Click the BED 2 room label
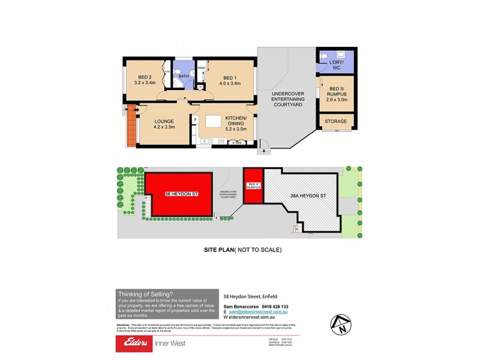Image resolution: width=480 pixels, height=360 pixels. tap(144, 77)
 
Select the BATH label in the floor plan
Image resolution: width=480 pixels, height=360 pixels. tap(184, 76)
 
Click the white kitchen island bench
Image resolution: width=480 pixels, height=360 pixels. tap(213, 121)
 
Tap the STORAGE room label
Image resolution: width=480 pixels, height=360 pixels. tap(335, 121)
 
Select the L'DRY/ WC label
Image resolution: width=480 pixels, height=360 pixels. tap(335, 65)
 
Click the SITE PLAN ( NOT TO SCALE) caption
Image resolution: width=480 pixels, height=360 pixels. tap(240, 249)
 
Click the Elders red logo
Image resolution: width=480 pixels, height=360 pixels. tap(135, 343)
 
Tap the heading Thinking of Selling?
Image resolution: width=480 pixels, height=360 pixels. tap(146, 294)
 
